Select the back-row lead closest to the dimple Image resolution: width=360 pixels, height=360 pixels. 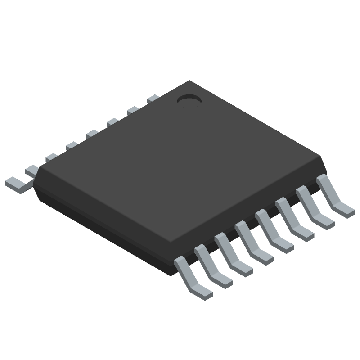pyautogui.click(x=153, y=98)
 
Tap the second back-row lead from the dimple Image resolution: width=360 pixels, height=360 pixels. pyautogui.click(x=133, y=109)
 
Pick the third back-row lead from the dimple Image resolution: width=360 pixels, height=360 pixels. pyautogui.click(x=112, y=121)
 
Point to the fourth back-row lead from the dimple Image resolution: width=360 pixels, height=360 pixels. pyautogui.click(x=92, y=133)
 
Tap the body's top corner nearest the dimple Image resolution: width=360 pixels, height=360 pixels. pyautogui.click(x=189, y=81)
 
